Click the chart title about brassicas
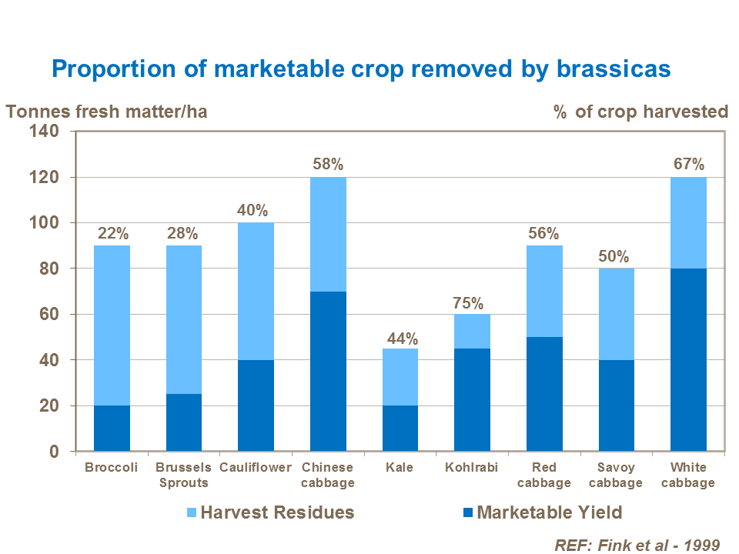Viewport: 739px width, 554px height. coord(361,69)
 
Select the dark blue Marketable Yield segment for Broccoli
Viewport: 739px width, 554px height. coord(112,428)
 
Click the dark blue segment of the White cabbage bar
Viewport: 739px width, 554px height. coord(688,359)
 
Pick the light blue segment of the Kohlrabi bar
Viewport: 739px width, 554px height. coord(472,331)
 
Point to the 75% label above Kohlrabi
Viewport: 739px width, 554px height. coord(472,302)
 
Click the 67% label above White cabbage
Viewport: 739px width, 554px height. coord(688,165)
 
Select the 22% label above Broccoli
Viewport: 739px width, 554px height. coord(112,233)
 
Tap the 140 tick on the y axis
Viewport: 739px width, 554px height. coord(45,132)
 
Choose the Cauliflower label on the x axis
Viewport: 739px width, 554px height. coord(256,468)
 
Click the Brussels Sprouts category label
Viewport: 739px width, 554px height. coord(182,476)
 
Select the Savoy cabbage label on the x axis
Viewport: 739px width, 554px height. coord(616,476)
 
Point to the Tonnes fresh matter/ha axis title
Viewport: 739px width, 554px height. coord(107,112)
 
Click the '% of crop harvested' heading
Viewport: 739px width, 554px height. coord(640,112)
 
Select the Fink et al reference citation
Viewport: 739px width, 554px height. coord(637,545)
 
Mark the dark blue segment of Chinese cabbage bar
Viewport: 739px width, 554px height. coord(328,371)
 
